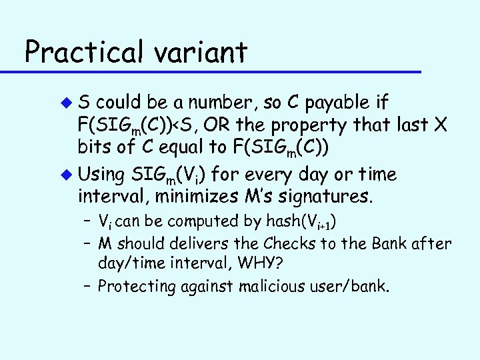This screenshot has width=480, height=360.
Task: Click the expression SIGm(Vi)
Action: pyautogui.click(x=168, y=175)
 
